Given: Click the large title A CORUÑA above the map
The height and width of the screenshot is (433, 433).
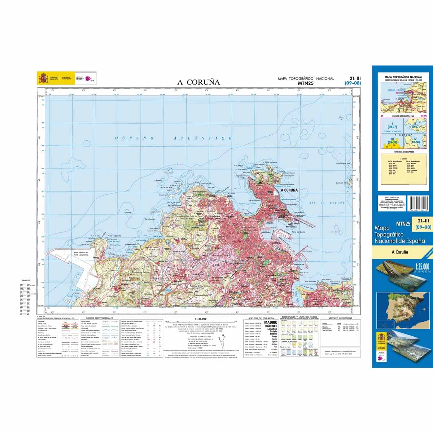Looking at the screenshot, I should click(x=198, y=82).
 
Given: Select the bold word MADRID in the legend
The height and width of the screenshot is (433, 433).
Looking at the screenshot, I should click(x=271, y=322).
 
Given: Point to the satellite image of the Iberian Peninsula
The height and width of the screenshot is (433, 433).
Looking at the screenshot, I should click(x=402, y=308).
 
